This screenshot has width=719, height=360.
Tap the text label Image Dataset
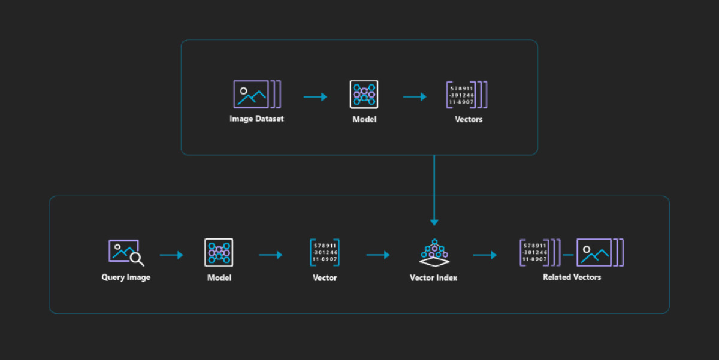[x=256, y=119]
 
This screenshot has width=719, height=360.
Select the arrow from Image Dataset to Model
[x=315, y=96]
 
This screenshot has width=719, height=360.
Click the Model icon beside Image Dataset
[x=364, y=94]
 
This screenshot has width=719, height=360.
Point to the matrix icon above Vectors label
[x=466, y=95]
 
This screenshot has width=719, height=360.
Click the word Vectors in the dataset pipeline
[x=468, y=119]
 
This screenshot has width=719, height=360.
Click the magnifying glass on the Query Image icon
[x=137, y=259]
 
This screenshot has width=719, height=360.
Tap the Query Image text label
[x=126, y=277]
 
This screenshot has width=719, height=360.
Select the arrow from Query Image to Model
[x=171, y=255]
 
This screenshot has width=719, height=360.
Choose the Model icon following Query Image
[x=219, y=252]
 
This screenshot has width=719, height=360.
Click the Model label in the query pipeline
[x=219, y=277]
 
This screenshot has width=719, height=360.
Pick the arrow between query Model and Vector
[x=271, y=255]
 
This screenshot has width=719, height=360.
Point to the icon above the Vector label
[x=324, y=252]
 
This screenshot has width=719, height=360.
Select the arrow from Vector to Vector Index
[x=378, y=255]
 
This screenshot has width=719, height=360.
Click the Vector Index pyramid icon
[x=433, y=252]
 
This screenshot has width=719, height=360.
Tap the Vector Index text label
[x=433, y=277]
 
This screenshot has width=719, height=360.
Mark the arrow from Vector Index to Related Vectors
[x=485, y=255]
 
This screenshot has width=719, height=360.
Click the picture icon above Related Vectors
[x=596, y=252]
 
